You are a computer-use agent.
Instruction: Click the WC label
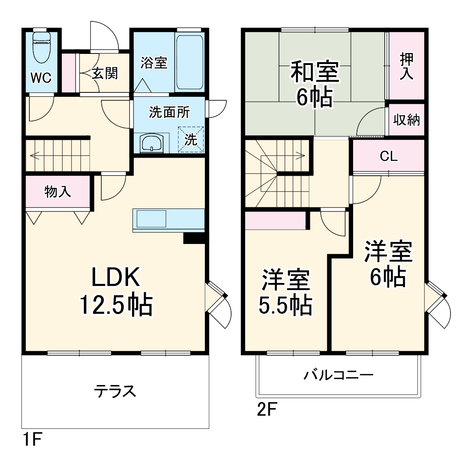(x=41, y=78)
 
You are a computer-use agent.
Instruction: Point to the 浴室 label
(x=154, y=63)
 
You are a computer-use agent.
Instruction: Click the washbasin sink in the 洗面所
(x=151, y=143)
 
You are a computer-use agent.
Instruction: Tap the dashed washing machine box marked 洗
(x=191, y=140)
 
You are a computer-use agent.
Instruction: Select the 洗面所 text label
(x=169, y=112)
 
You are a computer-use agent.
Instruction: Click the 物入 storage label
(x=57, y=191)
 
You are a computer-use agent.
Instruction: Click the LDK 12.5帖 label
(x=116, y=291)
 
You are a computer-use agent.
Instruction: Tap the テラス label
(x=115, y=390)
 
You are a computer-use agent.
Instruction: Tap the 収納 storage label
(x=406, y=120)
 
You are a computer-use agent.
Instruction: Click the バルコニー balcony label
(x=339, y=375)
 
